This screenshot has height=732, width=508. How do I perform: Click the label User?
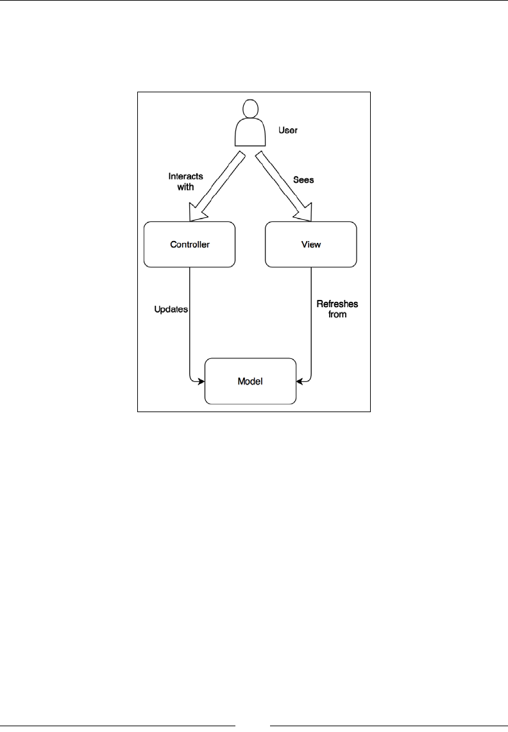pos(288,130)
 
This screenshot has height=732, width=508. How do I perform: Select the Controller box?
pos(189,244)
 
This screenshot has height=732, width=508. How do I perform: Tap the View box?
pos(311,244)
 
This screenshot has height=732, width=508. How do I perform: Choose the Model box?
pos(250,381)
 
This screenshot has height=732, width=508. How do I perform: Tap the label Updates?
pos(171,308)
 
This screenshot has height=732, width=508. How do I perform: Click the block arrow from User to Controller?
pos(217,183)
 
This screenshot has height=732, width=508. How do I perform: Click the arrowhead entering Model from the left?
pos(201,381)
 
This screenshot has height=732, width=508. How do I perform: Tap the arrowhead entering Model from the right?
pos(300,381)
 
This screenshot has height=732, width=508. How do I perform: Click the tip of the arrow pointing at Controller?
pos(190,218)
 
